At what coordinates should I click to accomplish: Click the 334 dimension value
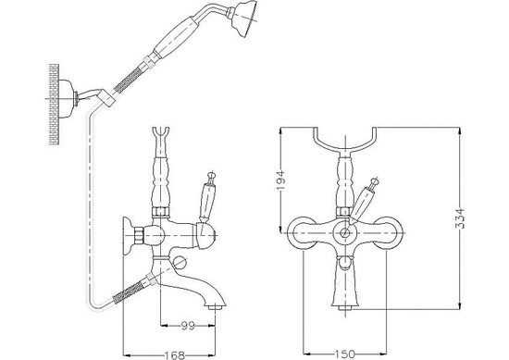click(x=460, y=218)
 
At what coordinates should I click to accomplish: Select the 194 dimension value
click(x=279, y=180)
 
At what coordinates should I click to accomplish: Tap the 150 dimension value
click(x=344, y=354)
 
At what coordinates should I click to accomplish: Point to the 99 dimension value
click(x=188, y=326)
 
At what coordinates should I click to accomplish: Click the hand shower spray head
click(x=243, y=19)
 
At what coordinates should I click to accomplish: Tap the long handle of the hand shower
click(x=175, y=37)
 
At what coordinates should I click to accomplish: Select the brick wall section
click(x=54, y=105)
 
